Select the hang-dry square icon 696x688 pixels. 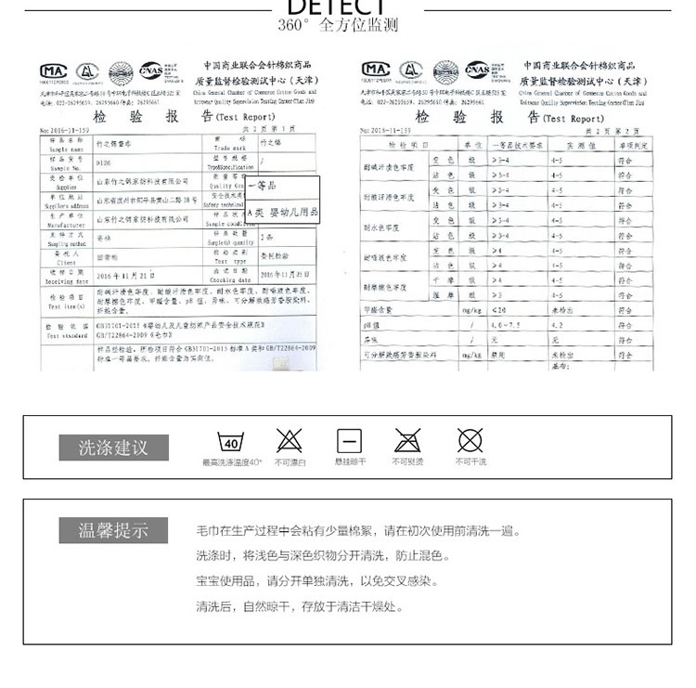click(x=349, y=441)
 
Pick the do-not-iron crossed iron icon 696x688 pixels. click(x=407, y=441)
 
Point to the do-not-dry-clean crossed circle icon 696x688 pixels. click(x=470, y=441)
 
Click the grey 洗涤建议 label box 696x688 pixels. click(x=116, y=448)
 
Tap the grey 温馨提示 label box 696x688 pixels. click(x=116, y=531)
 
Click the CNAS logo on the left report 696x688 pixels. click(x=150, y=71)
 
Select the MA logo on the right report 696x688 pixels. click(x=376, y=70)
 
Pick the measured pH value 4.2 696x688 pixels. click(x=557, y=327)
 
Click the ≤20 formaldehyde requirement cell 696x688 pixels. click(x=501, y=311)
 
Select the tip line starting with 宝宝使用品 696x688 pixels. click(x=316, y=581)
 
